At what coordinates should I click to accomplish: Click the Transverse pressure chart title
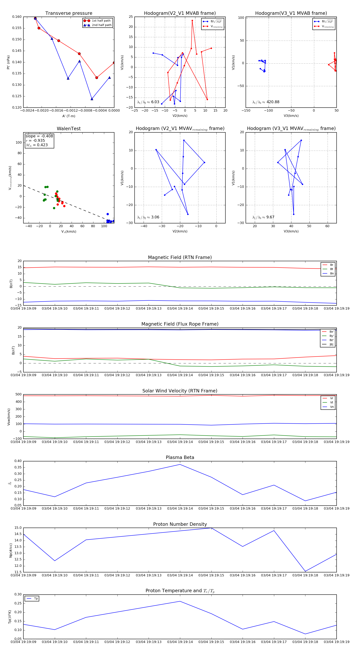coord(69,13)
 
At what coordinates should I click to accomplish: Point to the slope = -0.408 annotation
coord(39,136)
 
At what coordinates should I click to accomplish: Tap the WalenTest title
coord(69,129)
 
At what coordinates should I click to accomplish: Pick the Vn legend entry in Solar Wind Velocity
coord(332,407)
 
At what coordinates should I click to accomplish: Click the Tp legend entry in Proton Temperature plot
coord(36,599)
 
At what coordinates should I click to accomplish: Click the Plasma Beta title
coord(180,457)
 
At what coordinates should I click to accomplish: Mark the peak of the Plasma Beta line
coord(180,464)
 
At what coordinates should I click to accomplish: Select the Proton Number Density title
coord(180,524)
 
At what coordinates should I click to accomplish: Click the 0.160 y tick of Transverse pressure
coord(17,17)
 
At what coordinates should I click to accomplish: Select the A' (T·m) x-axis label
coord(69,116)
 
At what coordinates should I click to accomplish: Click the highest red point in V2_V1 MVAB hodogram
coord(192,20)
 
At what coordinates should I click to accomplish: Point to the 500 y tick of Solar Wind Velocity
coord(18,394)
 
